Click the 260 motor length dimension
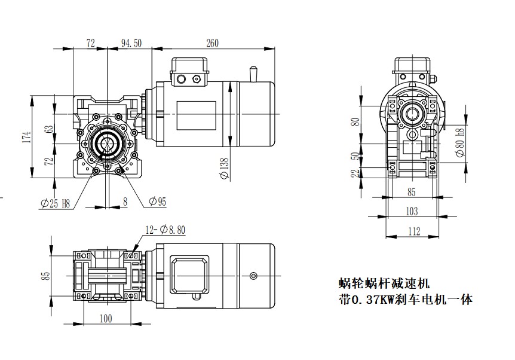211,42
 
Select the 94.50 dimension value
131,42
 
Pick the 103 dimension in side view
412,211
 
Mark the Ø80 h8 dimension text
459,142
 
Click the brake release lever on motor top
253,73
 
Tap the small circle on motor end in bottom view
255,275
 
